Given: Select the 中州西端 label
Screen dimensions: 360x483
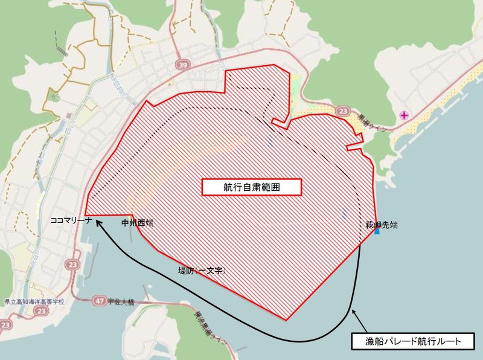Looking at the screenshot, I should (x=138, y=223).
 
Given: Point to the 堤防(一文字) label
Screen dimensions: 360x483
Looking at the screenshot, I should (x=201, y=271).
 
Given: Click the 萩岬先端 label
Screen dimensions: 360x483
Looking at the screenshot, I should (x=381, y=225).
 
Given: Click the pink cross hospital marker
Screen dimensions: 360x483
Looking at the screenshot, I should (x=403, y=115).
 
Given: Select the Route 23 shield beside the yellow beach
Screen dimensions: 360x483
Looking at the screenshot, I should (x=344, y=111).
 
